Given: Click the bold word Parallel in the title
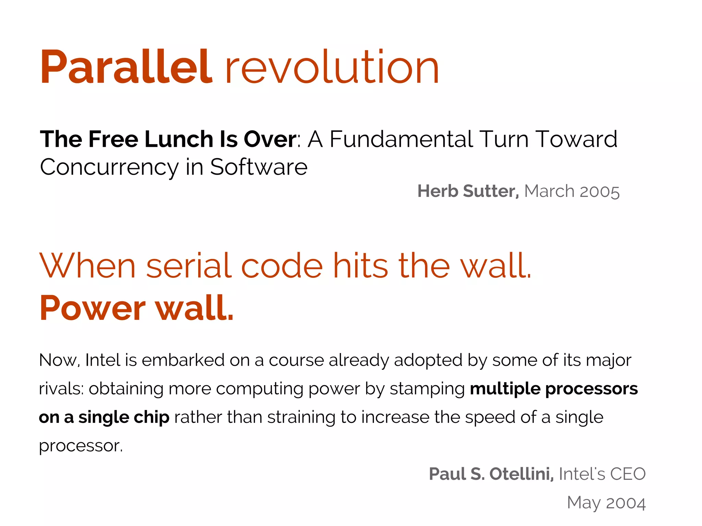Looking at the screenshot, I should coord(126,67).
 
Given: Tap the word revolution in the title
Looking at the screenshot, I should coord(332,67).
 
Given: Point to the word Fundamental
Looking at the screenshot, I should coord(401,139).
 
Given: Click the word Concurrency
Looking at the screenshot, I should coord(109,167).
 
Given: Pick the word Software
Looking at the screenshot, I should coord(259,167).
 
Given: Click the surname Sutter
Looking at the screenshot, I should coord(491,191).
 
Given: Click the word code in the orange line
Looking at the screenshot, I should coord(282,266).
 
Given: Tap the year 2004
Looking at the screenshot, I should coord(626,503).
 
